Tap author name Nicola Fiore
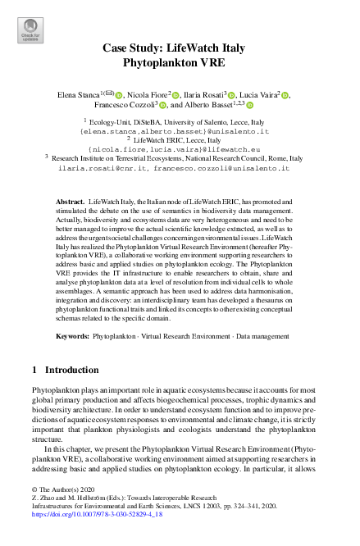click(x=146, y=96)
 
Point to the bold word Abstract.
click(x=70, y=200)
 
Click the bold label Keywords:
click(x=72, y=335)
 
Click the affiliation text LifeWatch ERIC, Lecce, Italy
click(x=185, y=140)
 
